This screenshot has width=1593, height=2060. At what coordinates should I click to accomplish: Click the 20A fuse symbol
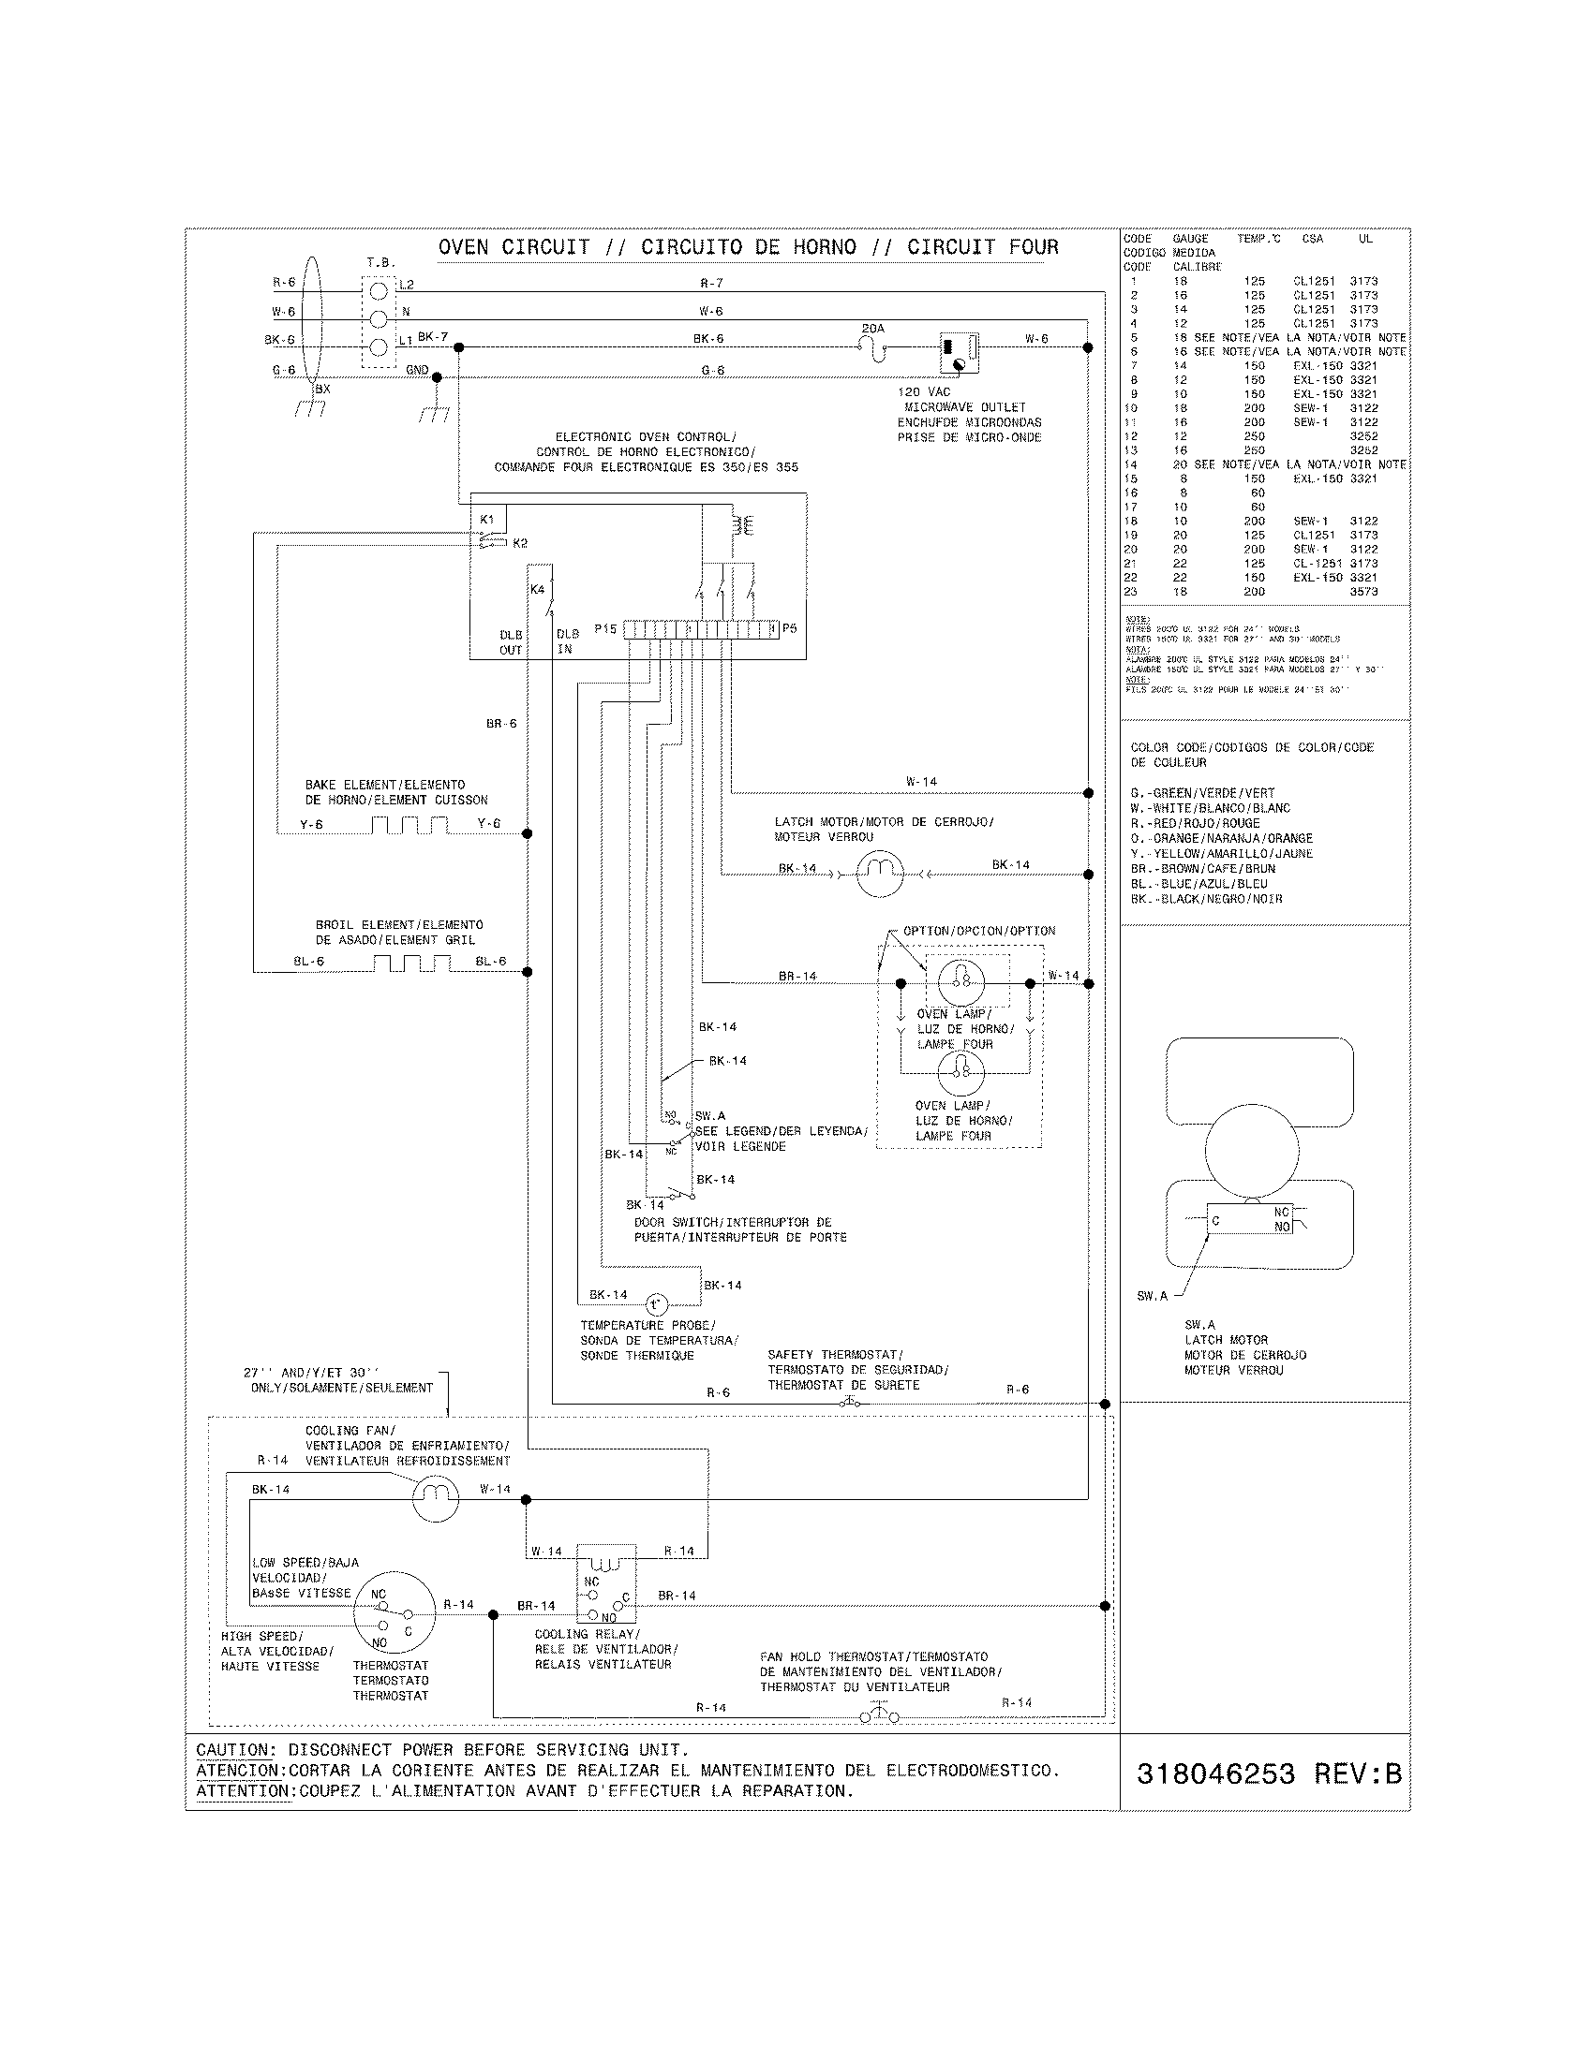pyautogui.click(x=874, y=349)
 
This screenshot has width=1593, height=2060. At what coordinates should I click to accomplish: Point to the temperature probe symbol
pyautogui.click(x=656, y=1305)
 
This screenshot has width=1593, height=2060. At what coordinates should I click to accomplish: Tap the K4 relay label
pyautogui.click(x=538, y=590)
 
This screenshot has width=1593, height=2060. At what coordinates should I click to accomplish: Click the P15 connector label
pyautogui.click(x=605, y=628)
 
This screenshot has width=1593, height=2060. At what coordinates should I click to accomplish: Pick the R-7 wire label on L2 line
pyautogui.click(x=711, y=283)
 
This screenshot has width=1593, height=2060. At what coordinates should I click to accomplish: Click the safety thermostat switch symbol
pyautogui.click(x=849, y=1404)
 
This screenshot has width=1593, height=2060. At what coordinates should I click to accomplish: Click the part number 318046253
pyautogui.click(x=1215, y=1774)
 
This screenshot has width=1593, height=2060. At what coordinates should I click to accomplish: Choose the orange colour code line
pyautogui.click(x=1221, y=839)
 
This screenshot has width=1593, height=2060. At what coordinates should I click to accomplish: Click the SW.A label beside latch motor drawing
pyautogui.click(x=1152, y=1296)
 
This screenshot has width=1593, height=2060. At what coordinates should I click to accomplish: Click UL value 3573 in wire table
pyautogui.click(x=1362, y=592)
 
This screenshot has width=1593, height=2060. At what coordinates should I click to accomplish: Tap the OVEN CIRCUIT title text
pyautogui.click(x=514, y=247)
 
